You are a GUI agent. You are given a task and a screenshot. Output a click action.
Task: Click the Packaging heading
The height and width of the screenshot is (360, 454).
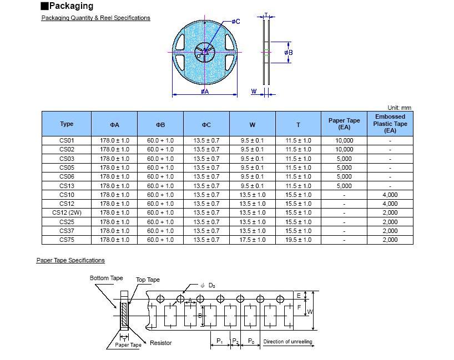click(70, 6)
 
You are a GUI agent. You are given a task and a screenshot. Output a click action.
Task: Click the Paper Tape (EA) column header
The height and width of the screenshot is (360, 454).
click(344, 124)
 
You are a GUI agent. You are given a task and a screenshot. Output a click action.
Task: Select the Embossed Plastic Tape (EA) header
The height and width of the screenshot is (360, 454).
click(390, 124)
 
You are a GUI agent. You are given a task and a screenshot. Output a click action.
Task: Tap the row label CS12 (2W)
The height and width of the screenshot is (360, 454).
click(67, 213)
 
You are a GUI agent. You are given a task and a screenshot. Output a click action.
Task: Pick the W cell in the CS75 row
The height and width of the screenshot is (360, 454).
click(252, 240)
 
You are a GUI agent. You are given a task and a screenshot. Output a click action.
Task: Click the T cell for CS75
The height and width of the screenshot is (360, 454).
click(298, 240)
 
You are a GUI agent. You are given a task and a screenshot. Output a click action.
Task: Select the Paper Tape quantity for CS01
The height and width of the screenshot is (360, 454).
click(344, 141)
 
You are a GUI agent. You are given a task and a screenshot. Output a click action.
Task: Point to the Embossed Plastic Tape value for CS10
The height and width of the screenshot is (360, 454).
click(390, 195)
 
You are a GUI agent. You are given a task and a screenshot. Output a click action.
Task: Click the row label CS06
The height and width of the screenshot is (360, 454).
click(67, 177)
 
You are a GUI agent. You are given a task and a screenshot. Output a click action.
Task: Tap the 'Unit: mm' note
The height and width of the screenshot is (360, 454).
click(399, 108)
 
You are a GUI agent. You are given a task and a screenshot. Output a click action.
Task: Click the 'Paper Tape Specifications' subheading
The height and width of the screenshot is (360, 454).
click(70, 260)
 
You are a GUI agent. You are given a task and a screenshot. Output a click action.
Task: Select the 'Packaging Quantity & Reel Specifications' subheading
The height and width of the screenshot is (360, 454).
click(95, 18)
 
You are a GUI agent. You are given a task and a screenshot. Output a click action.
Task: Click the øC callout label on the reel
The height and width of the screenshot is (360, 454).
click(235, 22)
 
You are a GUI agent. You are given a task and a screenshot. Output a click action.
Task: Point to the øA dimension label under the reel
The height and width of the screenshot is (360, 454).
click(205, 92)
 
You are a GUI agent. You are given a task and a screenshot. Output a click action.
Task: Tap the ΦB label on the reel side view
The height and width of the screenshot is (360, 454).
click(288, 53)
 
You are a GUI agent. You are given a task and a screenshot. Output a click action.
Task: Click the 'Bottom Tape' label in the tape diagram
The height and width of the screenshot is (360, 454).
click(106, 278)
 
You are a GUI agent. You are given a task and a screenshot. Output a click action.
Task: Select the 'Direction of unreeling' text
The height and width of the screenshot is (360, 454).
click(287, 342)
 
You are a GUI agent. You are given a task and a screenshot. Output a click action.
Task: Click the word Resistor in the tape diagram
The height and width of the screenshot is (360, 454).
click(161, 343)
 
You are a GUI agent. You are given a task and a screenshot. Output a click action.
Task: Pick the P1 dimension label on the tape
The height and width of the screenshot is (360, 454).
click(219, 341)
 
